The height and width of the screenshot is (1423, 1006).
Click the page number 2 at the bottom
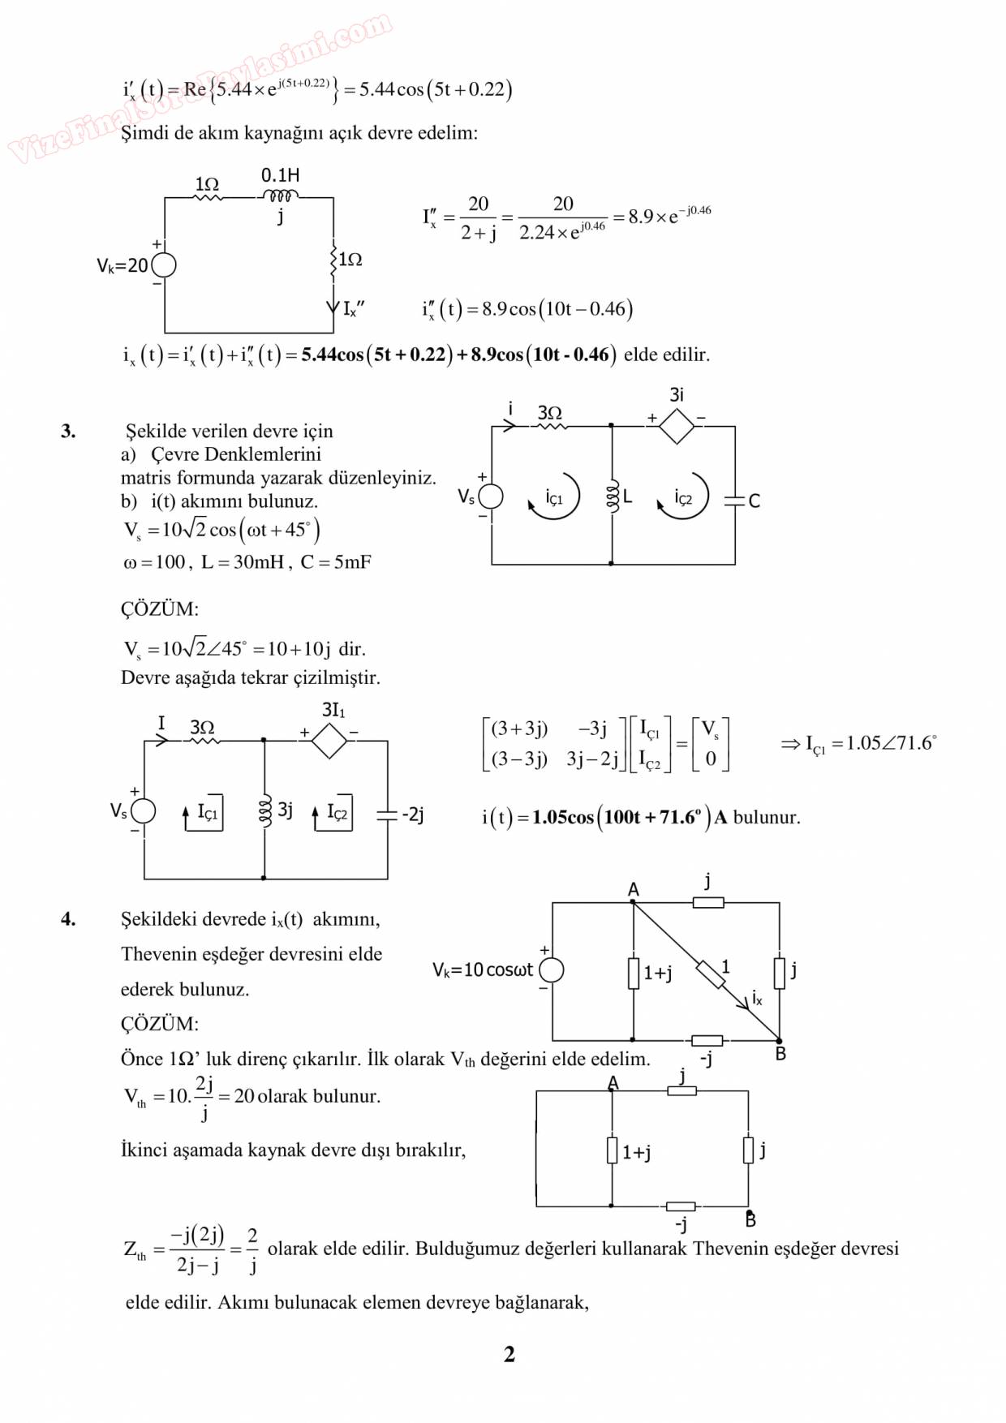point(509,1354)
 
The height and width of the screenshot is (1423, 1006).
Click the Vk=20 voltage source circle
point(164,265)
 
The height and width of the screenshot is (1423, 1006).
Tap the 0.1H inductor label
point(280,175)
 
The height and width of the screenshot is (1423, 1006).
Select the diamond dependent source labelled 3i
point(676,425)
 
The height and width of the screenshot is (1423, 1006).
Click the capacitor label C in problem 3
point(754,501)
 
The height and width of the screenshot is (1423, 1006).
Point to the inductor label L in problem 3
point(627,497)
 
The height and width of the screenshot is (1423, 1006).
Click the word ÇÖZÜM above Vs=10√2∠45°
point(160,609)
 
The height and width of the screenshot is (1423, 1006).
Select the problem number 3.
point(68,431)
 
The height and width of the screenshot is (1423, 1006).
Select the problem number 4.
point(68,919)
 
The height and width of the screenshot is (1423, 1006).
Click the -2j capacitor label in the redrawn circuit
point(412,814)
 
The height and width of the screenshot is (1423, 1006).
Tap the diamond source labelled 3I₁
point(329,741)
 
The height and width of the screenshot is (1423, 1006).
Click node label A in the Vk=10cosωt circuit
point(634,890)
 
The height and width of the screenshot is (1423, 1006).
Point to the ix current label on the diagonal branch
point(757,998)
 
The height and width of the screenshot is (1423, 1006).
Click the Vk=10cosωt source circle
point(552,969)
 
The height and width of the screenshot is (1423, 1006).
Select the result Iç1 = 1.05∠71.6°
point(859,744)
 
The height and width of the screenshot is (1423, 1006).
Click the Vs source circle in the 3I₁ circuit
point(144,810)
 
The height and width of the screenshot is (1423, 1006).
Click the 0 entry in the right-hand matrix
point(711,759)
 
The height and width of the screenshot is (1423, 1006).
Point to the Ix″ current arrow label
point(354,309)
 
